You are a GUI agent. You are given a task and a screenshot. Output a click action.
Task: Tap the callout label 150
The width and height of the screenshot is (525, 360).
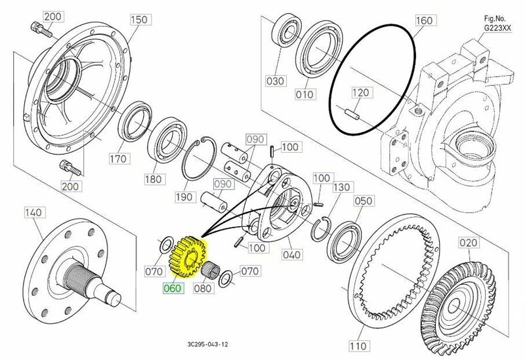138,20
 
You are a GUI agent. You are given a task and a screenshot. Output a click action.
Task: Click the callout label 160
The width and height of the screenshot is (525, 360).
423,21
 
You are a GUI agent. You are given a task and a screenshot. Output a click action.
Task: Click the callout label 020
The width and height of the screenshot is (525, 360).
468,244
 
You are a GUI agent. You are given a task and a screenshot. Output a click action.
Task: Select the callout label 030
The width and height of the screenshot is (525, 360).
275,81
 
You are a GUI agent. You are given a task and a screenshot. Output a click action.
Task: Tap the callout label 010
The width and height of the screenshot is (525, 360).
304,95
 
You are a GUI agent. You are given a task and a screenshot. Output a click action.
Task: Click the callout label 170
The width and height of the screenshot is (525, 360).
119,158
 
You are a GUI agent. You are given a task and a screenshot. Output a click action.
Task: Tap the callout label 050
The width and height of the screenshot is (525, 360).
362,201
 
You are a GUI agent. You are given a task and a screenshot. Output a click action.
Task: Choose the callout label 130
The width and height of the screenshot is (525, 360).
341,188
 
